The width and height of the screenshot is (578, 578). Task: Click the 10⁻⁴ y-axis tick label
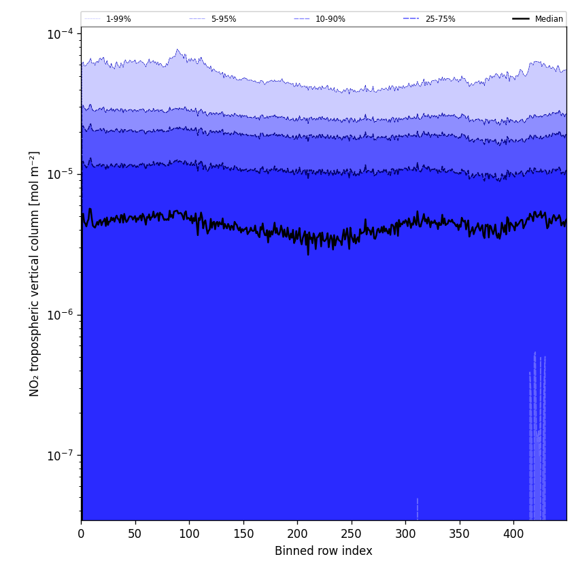[x=60, y=33]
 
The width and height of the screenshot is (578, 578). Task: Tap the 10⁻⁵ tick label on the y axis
[x=60, y=174]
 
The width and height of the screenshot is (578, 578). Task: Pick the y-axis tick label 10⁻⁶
[x=60, y=314]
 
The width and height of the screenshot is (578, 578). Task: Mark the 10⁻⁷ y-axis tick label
[x=60, y=455]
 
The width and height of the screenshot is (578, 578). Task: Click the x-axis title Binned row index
[x=324, y=551]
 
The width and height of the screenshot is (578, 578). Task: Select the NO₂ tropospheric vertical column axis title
[x=35, y=273]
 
